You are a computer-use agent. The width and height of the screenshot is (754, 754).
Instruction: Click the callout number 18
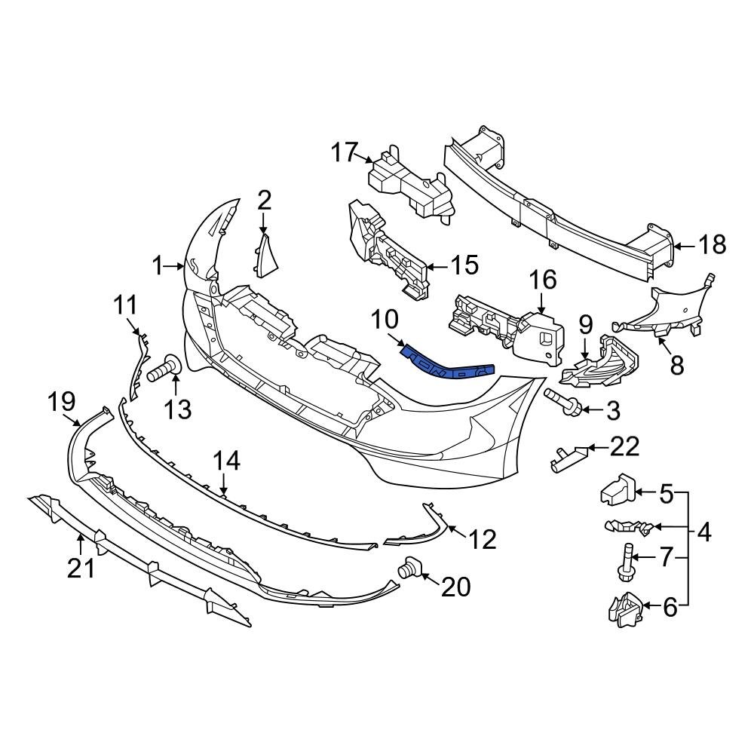click(x=711, y=245)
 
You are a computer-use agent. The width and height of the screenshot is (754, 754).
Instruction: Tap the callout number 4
click(x=704, y=533)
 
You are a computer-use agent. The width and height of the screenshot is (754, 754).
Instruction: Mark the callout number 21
click(x=81, y=568)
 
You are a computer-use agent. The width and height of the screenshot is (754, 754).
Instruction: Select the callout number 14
click(x=225, y=461)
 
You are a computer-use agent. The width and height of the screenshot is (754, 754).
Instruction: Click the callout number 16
click(x=542, y=280)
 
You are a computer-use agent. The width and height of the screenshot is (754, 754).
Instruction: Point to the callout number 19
click(x=63, y=401)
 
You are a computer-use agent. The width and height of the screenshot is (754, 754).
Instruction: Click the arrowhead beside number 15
click(x=429, y=266)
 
